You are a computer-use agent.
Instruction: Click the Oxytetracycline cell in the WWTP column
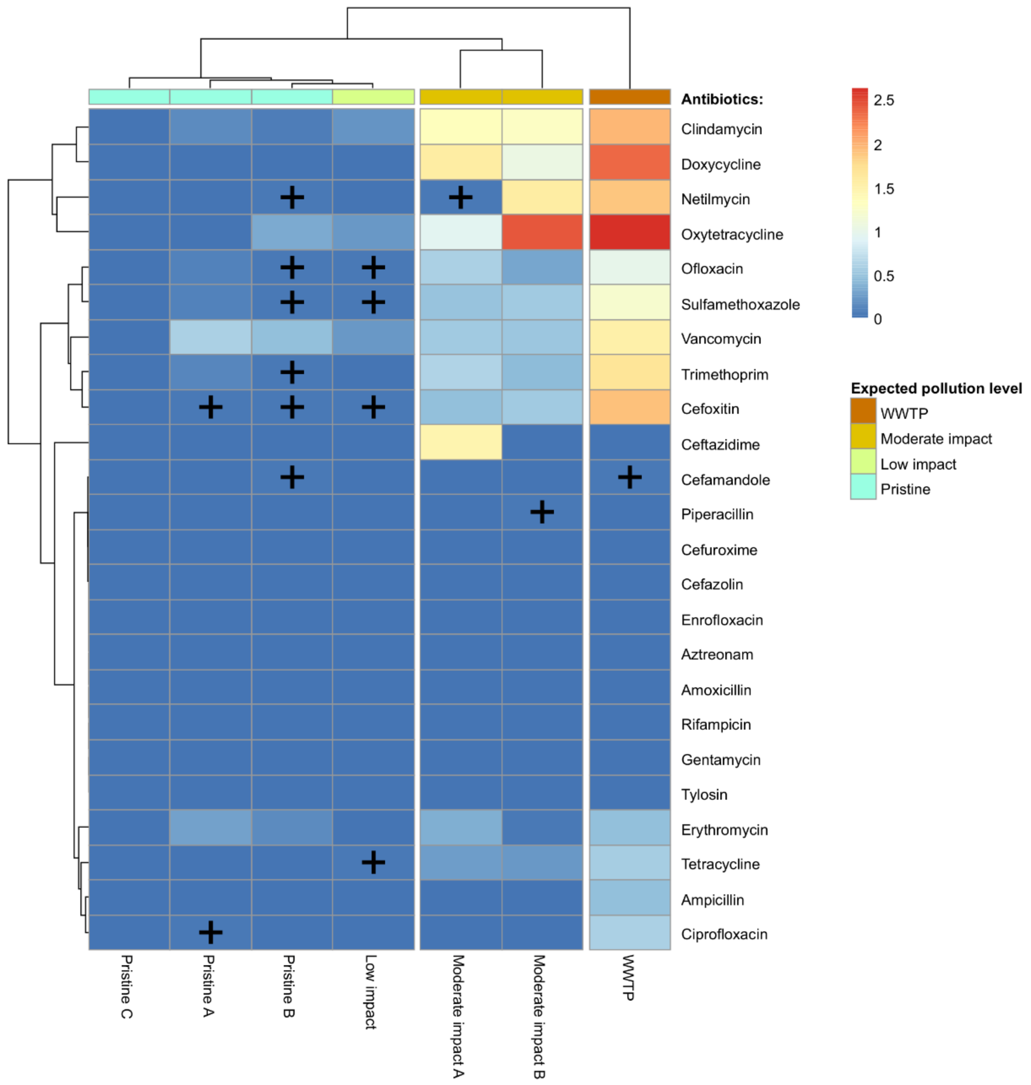630,232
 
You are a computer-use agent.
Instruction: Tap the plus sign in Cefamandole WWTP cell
630,477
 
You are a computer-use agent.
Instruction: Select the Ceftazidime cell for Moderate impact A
461,443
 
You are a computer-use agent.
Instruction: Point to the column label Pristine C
126,987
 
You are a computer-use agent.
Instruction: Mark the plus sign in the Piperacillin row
542,512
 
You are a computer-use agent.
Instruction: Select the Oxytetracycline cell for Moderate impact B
542,232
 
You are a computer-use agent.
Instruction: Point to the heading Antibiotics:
721,100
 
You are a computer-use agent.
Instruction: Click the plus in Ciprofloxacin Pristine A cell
211,932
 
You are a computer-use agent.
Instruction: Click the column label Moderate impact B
539,1016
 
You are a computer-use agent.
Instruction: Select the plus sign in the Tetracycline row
373,862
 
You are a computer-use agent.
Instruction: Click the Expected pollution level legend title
936,389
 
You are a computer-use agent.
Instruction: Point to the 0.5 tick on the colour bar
884,276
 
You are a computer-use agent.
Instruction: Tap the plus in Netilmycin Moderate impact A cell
461,197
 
